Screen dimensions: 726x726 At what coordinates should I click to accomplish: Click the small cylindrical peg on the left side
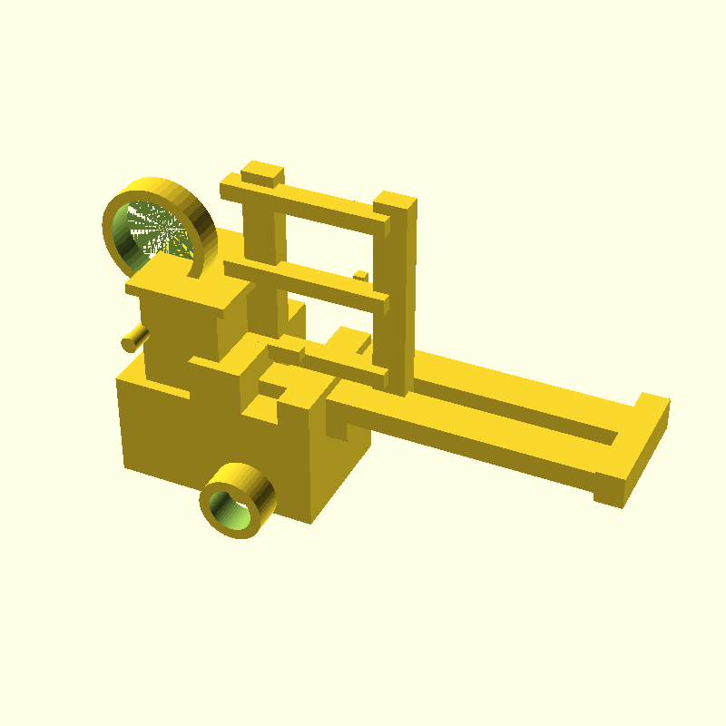point(134,338)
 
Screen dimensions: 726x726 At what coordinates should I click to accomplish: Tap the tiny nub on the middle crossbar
point(360,275)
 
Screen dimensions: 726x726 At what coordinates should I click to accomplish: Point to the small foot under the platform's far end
point(608,498)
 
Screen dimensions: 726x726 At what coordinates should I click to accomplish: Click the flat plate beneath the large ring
point(181,286)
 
